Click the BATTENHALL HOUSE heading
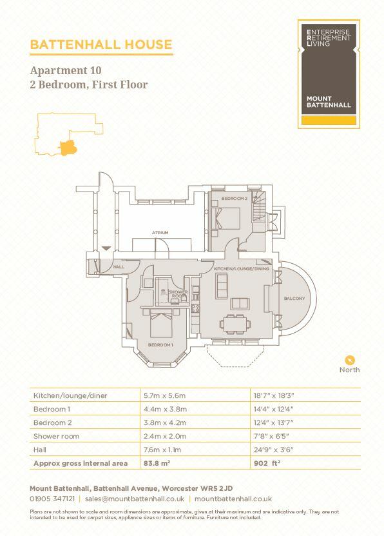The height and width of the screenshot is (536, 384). (101, 45)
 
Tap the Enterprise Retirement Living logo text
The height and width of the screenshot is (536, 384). (329, 37)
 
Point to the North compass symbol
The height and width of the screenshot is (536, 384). (350, 360)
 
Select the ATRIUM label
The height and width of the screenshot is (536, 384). (160, 232)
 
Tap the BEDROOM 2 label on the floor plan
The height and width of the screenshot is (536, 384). (235, 199)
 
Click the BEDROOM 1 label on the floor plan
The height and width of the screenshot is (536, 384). (160, 345)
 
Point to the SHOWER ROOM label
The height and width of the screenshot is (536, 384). (178, 293)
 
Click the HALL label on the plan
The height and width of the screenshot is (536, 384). (118, 266)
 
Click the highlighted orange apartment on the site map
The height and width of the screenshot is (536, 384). (67, 147)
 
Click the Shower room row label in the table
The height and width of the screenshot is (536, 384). (55, 436)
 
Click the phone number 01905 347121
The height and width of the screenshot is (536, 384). (52, 499)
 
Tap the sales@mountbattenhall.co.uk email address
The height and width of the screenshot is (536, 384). (135, 499)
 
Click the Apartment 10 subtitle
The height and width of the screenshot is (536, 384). (66, 70)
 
